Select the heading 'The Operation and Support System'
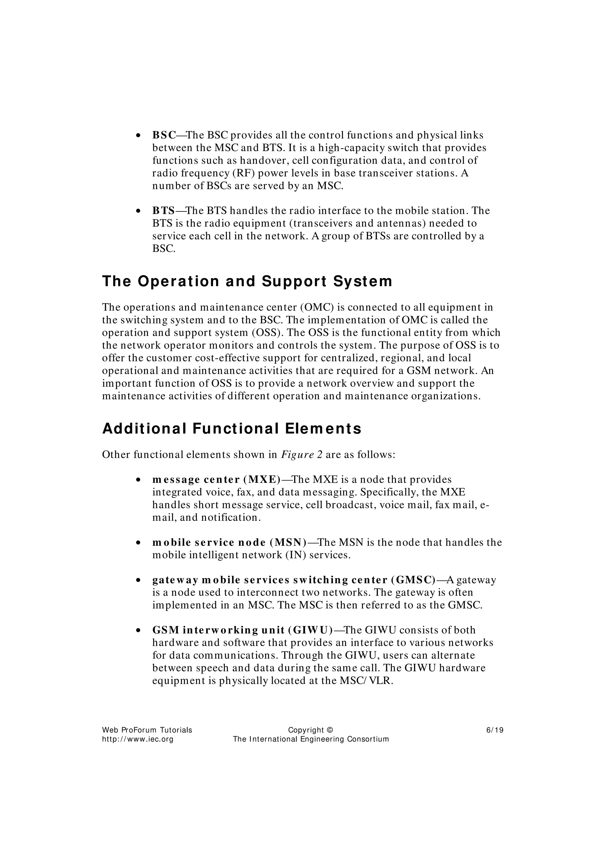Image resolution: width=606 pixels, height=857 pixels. (x=247, y=282)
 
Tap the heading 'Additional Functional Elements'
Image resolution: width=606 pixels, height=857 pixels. (x=231, y=428)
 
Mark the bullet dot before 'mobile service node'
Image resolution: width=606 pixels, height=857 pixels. (x=138, y=543)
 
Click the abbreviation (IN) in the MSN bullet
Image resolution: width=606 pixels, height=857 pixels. (x=296, y=555)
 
